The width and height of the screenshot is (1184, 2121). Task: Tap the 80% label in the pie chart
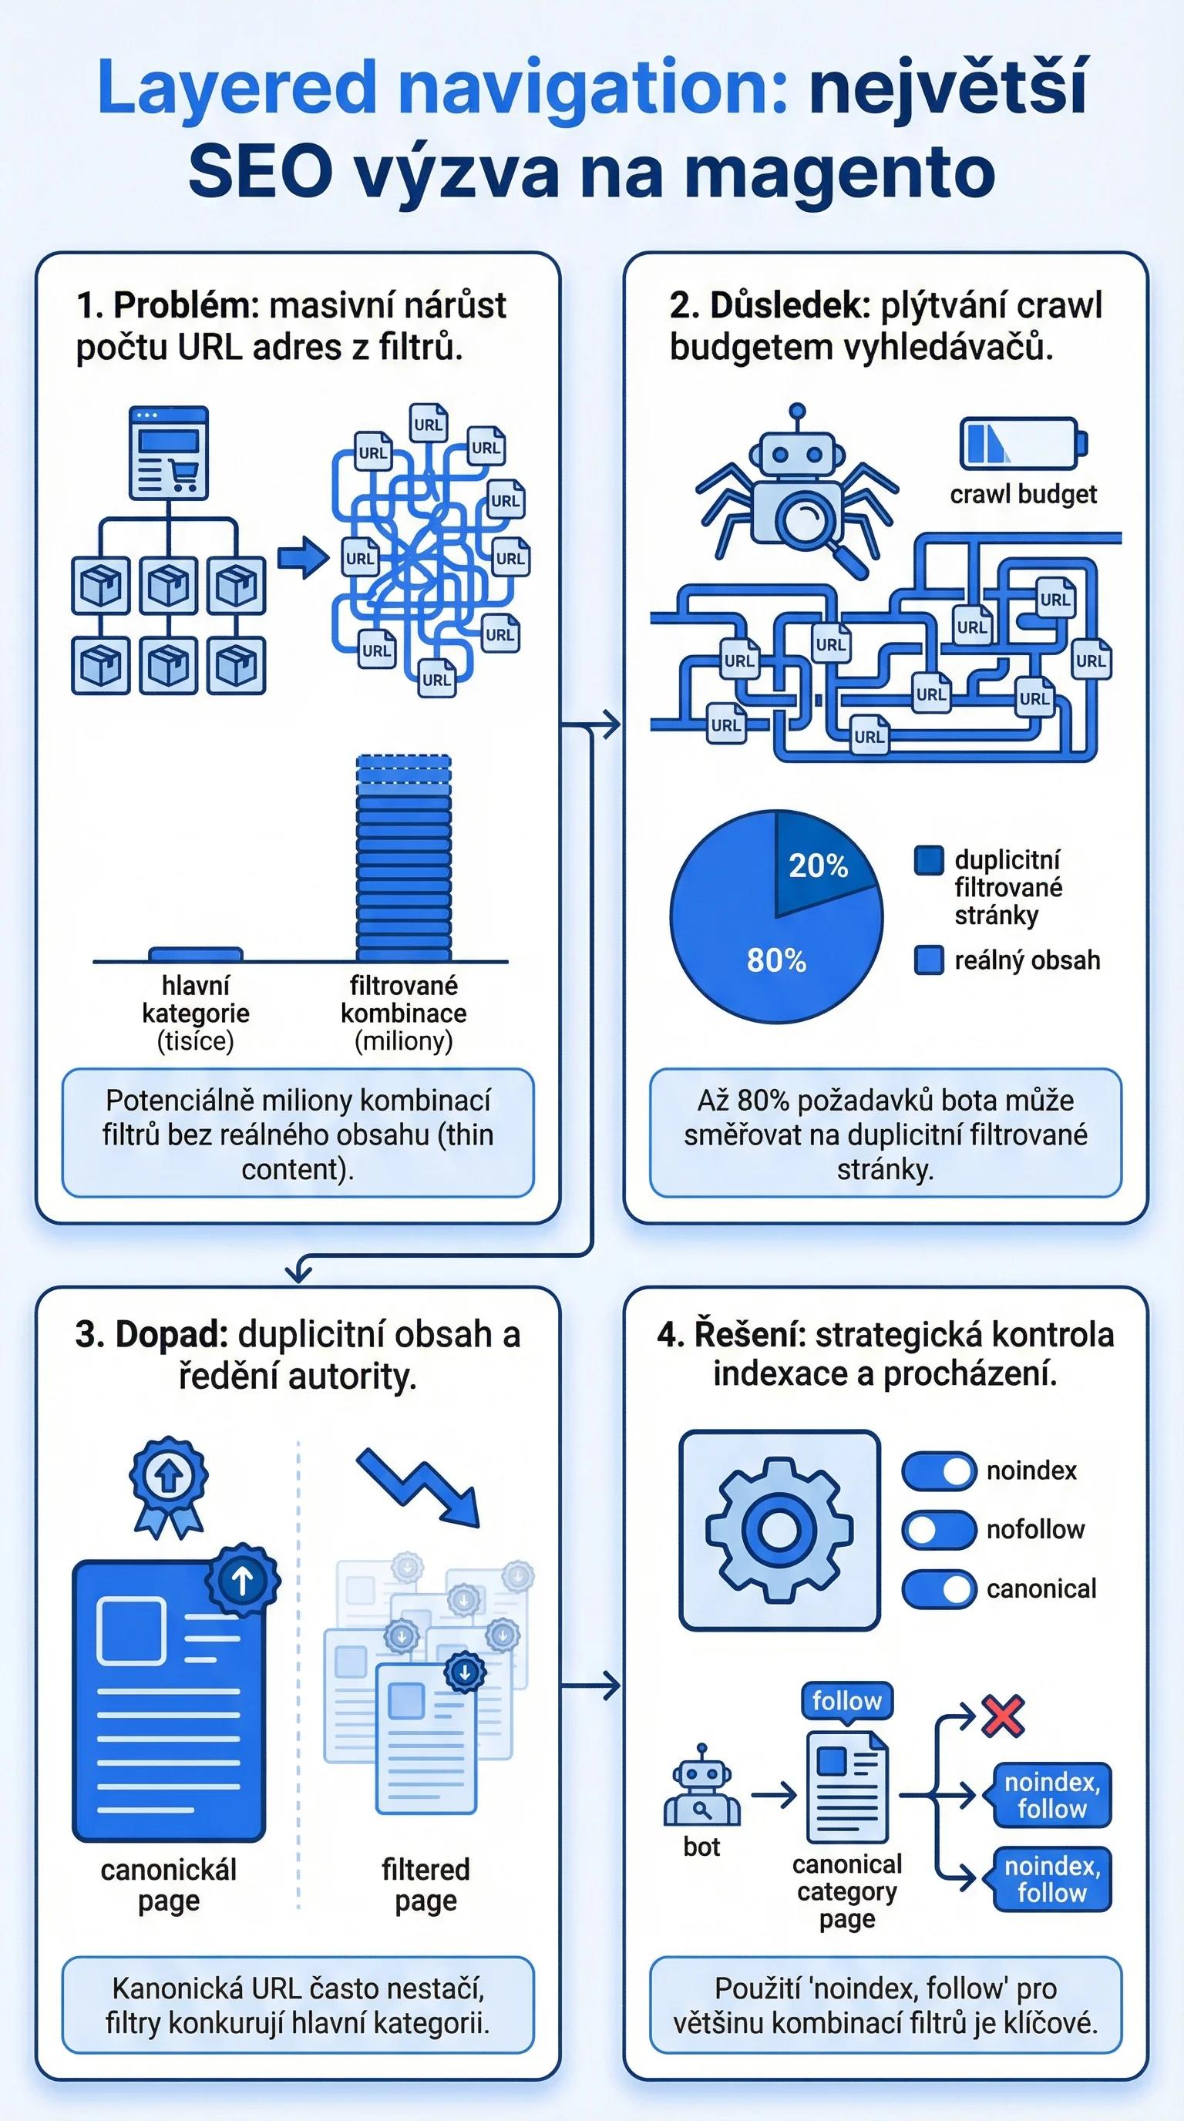click(775, 960)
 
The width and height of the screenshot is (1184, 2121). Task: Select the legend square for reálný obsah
click(929, 960)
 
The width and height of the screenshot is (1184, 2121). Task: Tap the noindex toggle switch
click(939, 1471)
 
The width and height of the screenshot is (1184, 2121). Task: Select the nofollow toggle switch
click(939, 1530)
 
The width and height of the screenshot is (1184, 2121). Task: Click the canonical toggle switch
click(939, 1589)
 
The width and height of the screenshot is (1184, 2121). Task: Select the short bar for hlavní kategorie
click(195, 954)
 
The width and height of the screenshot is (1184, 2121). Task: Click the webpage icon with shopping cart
click(169, 452)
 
